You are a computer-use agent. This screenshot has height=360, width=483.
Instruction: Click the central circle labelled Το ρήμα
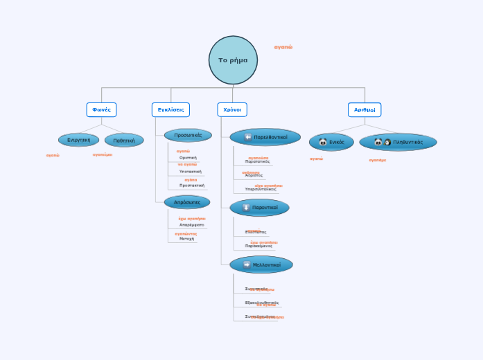[233, 60]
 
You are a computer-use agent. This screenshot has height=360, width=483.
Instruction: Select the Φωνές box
[101, 109]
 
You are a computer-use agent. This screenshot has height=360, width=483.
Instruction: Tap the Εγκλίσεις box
[170, 109]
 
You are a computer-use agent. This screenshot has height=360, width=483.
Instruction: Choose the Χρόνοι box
[232, 109]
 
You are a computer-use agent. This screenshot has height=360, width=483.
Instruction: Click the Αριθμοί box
[365, 109]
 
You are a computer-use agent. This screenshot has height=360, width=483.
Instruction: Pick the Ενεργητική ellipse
[79, 140]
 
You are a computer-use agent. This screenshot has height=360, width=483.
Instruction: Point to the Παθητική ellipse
[124, 140]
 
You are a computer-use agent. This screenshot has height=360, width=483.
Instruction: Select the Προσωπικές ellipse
[188, 135]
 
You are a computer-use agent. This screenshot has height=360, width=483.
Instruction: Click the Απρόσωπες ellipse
[187, 202]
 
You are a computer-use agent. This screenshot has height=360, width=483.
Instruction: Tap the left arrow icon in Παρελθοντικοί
[248, 137]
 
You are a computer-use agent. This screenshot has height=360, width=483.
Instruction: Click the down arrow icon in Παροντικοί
[246, 207]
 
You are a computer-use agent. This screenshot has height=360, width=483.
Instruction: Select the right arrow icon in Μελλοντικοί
[247, 264]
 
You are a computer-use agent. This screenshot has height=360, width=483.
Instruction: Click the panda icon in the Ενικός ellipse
[323, 142]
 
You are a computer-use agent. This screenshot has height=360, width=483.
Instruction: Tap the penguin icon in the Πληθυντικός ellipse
[387, 142]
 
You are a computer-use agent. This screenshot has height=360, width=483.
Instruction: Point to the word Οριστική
[188, 158]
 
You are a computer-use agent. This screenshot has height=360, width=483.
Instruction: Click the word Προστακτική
[191, 186]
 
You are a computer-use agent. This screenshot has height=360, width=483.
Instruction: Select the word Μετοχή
[186, 239]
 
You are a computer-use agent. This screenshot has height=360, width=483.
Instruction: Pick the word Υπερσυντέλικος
[260, 189]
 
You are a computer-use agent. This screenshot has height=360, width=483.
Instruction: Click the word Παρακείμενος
[258, 246]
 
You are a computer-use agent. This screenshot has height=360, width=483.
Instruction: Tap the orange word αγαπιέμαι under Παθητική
[103, 154]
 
